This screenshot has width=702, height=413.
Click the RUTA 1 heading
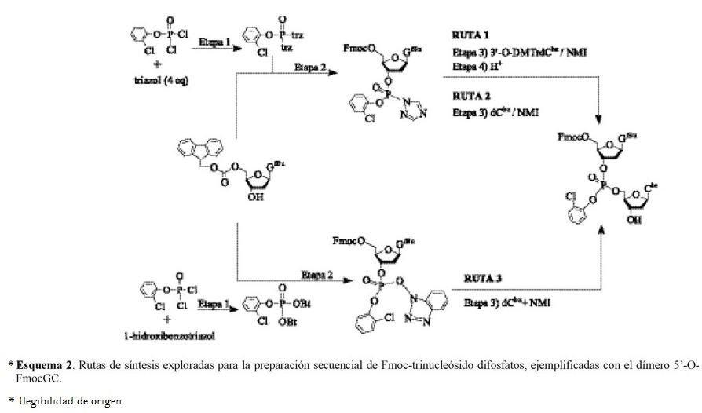tap(470, 35)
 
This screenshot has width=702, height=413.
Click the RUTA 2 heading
tap(470, 97)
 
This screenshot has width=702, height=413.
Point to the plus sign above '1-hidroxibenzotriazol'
tap(166, 320)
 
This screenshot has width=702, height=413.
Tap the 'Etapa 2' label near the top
tap(310, 68)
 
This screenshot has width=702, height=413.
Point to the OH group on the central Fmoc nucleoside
tap(252, 199)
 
